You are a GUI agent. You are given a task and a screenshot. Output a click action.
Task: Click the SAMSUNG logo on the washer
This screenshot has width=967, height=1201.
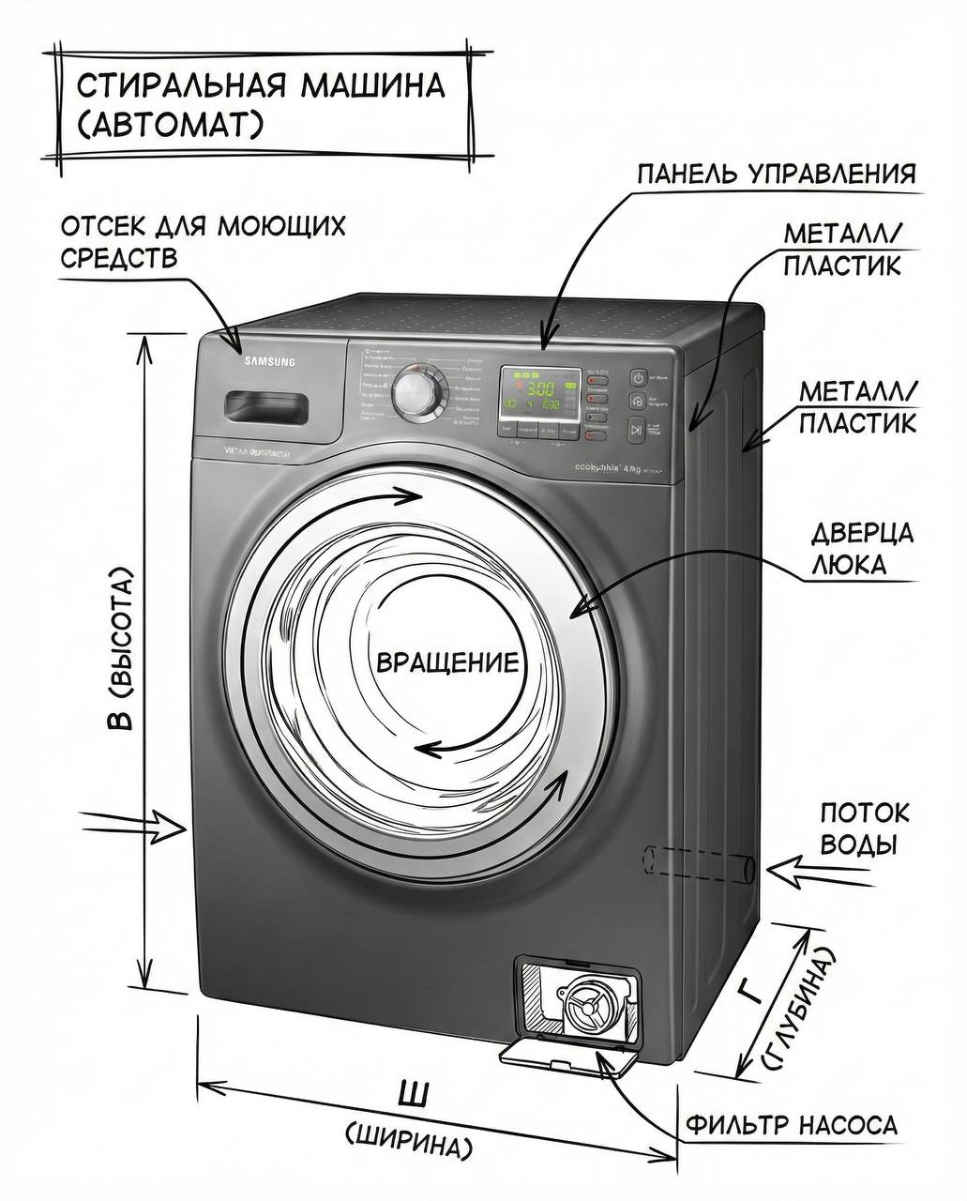(270, 361)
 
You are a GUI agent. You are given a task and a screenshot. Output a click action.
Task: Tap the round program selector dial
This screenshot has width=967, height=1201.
(415, 392)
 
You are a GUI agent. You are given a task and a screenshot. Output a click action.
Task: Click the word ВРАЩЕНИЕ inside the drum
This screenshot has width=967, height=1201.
(446, 663)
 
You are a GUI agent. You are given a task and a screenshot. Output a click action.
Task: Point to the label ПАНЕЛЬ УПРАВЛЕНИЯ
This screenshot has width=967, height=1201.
(776, 175)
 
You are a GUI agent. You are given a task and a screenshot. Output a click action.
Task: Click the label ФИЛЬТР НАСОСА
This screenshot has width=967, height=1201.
(792, 1125)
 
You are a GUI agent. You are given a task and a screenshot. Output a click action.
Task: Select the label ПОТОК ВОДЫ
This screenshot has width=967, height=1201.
(864, 828)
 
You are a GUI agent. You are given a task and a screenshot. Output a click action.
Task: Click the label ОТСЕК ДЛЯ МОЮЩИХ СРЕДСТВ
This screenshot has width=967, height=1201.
(203, 242)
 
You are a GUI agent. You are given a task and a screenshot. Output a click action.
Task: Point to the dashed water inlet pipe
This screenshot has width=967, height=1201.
(699, 862)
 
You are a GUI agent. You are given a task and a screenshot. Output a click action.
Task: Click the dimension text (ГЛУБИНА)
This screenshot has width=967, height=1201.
(798, 1013)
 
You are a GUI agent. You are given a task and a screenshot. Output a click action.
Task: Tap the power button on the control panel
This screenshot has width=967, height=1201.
(637, 378)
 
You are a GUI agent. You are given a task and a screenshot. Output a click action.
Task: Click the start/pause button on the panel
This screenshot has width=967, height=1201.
(637, 431)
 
